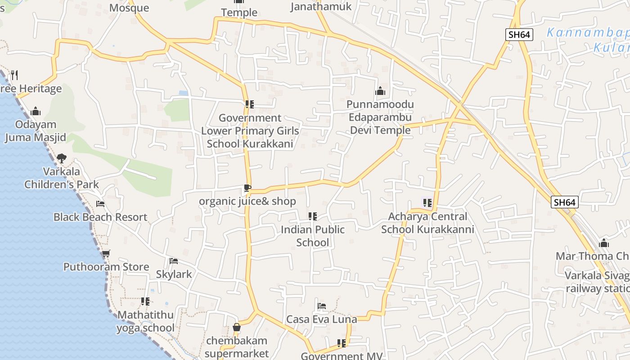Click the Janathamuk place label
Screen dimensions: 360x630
point(321,6)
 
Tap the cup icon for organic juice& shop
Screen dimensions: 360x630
point(247,188)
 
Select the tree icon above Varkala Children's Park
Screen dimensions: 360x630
point(62,158)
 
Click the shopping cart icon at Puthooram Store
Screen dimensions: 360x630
point(106,254)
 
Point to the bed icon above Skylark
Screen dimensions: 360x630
point(173,261)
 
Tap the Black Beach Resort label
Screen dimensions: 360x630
point(100,217)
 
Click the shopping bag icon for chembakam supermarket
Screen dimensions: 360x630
point(237,327)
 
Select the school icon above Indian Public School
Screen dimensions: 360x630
point(313,216)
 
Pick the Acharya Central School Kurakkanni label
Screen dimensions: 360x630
point(427,223)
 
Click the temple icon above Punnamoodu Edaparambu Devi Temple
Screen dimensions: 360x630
point(380,91)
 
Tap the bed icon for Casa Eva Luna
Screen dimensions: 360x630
point(321,306)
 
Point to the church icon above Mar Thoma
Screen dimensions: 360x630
point(604,243)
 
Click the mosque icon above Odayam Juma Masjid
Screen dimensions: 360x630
point(35,111)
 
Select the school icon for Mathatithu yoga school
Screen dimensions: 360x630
point(145,301)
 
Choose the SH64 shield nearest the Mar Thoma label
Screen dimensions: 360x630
point(564,202)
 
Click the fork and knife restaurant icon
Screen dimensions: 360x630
point(14,75)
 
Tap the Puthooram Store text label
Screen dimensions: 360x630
point(106,267)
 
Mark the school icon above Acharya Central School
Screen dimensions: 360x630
point(427,203)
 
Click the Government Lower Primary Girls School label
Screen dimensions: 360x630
point(250,131)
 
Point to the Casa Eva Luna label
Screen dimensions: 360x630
point(322,319)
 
